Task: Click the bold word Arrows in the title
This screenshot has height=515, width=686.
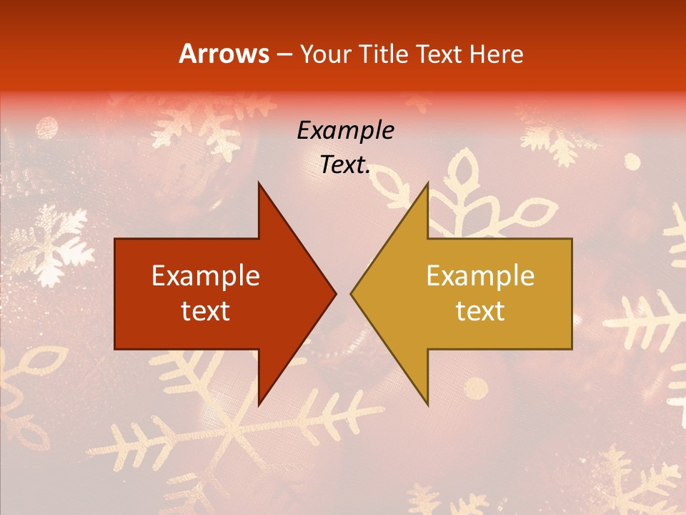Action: coord(224,54)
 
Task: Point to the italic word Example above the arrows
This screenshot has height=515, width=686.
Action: coord(346,130)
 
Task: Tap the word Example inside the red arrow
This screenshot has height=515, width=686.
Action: coord(206,276)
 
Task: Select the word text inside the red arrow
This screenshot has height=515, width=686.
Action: coord(206,310)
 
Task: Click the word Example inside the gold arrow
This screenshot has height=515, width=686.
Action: coord(480,276)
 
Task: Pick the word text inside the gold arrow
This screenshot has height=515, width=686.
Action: coord(480,310)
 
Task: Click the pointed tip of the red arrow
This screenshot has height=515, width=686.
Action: coord(335,293)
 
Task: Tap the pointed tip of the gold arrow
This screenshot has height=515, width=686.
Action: coord(351,293)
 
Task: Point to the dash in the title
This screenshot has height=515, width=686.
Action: coord(284,54)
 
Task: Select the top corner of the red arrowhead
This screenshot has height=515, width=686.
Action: coord(259,183)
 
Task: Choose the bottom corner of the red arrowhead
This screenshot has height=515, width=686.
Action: coord(259,405)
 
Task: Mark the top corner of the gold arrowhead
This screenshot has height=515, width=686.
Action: coord(427,183)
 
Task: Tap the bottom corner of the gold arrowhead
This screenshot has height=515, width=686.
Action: coord(427,405)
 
